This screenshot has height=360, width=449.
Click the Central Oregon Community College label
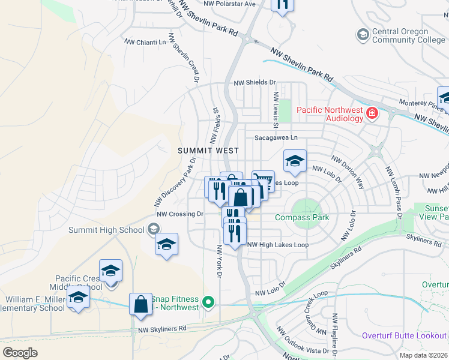click(x=400, y=35)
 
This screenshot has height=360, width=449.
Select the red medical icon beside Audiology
click(x=373, y=113)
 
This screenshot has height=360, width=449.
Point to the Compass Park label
click(x=302, y=217)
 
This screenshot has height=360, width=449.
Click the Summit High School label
click(x=106, y=229)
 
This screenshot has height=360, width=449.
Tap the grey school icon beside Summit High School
click(x=154, y=229)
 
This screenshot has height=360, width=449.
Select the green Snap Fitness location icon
click(x=208, y=302)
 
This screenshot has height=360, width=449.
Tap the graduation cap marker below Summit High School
click(x=167, y=244)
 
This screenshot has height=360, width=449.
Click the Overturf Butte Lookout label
click(x=404, y=335)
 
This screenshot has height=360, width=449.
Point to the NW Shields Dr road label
click(x=255, y=83)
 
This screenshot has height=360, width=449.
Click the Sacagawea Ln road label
click(x=276, y=137)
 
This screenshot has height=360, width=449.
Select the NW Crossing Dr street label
click(x=180, y=214)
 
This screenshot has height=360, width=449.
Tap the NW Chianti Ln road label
click(x=145, y=42)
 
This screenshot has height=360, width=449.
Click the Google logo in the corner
click(x=20, y=353)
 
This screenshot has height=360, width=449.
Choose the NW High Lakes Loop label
click(x=278, y=245)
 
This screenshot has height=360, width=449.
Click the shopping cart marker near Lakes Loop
click(x=263, y=181)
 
